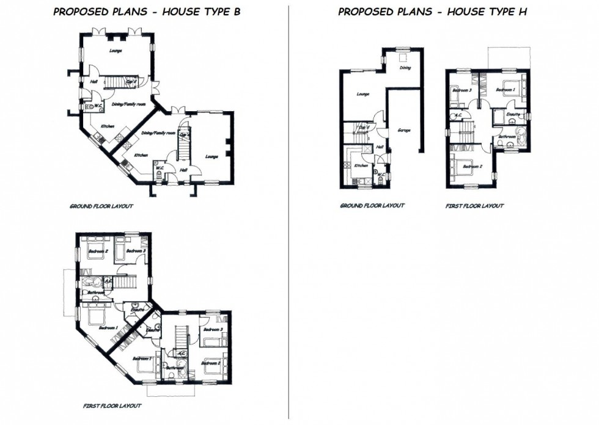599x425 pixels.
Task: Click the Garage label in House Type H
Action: point(403,130)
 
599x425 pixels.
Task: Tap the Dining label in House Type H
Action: point(405,68)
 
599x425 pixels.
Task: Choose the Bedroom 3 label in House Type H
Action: point(461,90)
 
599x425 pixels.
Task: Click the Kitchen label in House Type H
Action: point(361,165)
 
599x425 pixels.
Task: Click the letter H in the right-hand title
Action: point(523,12)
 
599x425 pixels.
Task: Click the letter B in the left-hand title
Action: point(237,12)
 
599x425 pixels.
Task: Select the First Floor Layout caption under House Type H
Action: point(474,206)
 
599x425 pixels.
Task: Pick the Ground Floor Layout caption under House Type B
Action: point(101,206)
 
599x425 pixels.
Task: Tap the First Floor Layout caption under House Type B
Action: point(112,405)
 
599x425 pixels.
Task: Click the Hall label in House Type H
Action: point(379,147)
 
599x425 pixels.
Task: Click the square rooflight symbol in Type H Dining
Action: point(404,58)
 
